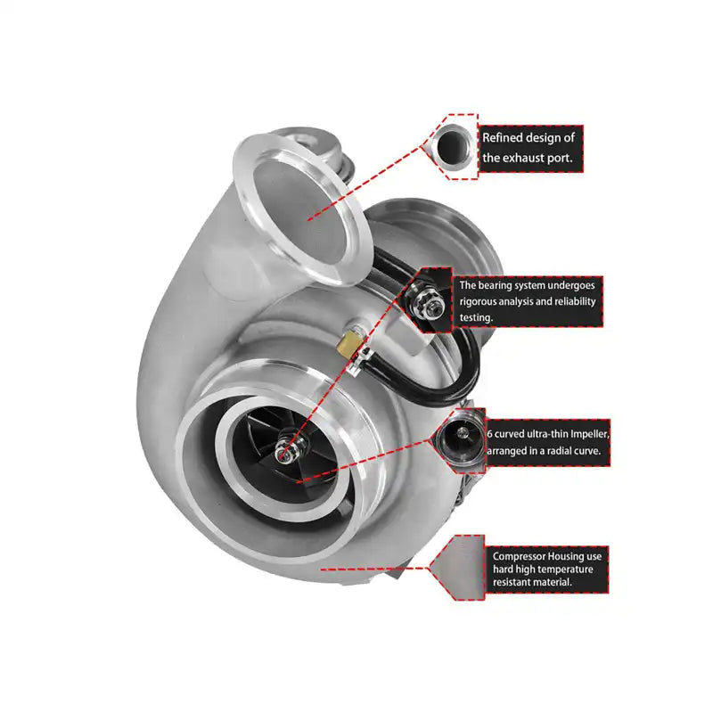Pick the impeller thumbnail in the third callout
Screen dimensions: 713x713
460,438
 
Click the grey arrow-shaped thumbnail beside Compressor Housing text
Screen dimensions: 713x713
456,566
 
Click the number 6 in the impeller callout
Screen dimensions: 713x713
488,435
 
